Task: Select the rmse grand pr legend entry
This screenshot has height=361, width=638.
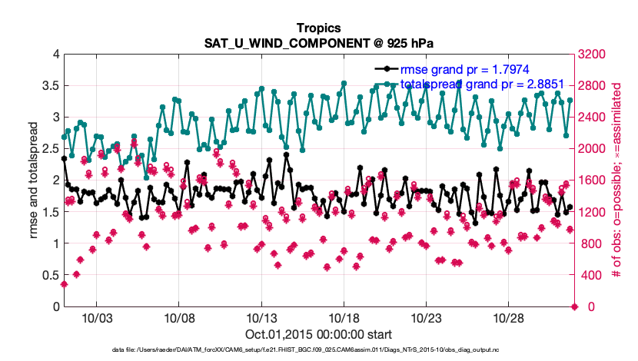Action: point(454,69)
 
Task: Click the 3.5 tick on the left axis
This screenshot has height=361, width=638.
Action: point(50,85)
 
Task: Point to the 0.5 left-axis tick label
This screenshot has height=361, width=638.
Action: point(50,275)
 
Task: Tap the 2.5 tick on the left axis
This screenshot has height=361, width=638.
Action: point(50,148)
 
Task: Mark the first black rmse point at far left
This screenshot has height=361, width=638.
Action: point(64,158)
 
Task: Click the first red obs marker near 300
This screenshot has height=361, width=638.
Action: point(64,284)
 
